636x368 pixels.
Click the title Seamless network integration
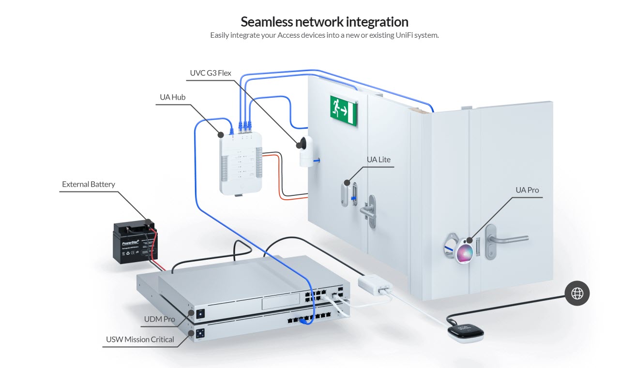324,22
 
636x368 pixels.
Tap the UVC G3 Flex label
211,74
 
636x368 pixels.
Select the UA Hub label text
173,97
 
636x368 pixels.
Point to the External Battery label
89,184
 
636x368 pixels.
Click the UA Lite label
379,160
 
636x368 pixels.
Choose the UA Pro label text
527,190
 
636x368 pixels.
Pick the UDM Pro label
160,319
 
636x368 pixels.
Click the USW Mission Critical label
140,339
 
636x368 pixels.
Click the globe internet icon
577,293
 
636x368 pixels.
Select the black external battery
136,243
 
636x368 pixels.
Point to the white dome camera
306,151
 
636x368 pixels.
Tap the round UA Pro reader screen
464,253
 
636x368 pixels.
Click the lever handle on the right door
503,238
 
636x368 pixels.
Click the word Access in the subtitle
289,35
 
